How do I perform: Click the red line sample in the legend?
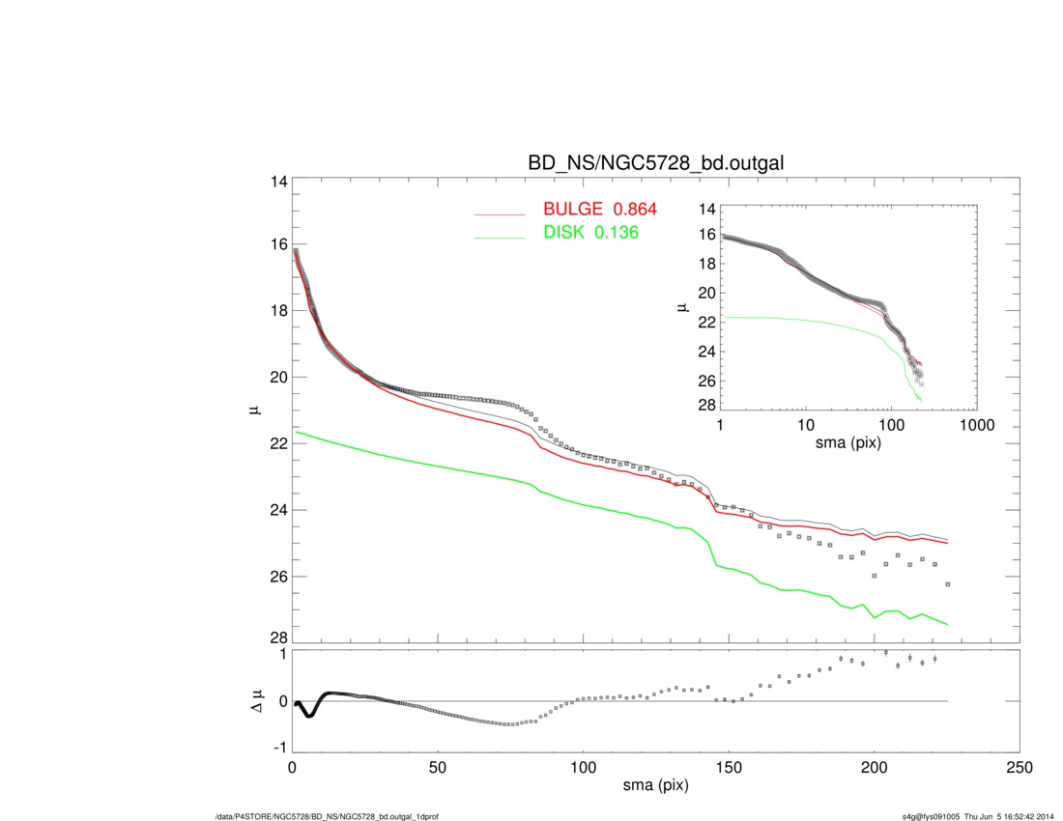pos(499,212)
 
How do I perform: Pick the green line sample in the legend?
pos(499,236)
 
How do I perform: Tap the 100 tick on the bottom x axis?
pos(583,768)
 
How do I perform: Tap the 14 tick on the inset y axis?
pos(706,209)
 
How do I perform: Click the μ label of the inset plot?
pos(683,307)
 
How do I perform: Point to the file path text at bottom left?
pos(326,816)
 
